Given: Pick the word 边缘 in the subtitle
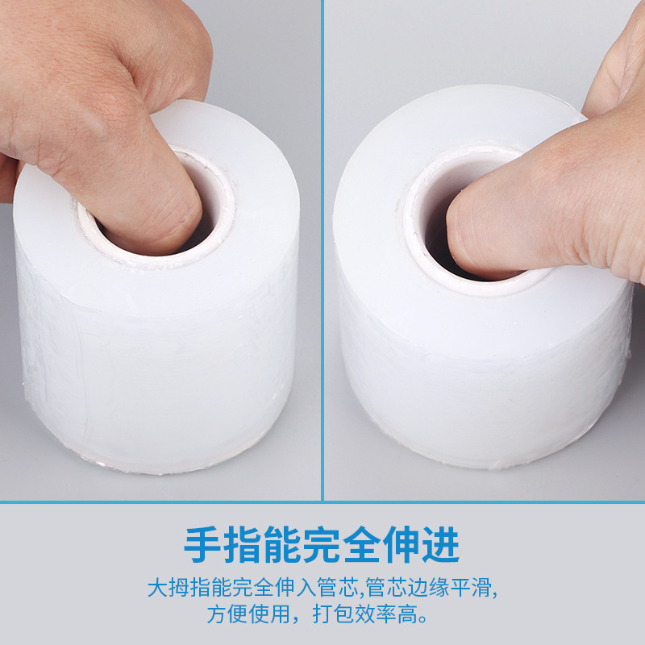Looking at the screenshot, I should tap(433, 586).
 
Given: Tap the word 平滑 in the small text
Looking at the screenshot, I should tap(479, 586).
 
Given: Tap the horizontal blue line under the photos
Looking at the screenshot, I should tap(322, 502).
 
